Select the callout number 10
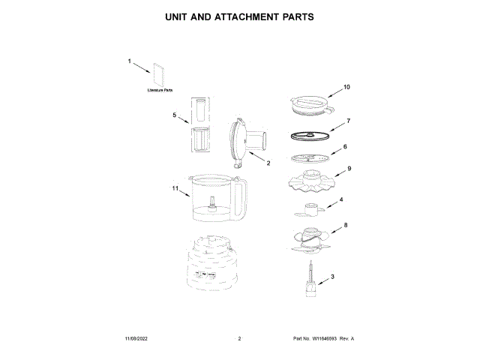(x=347, y=87)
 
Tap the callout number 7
(x=348, y=121)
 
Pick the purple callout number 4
(x=340, y=199)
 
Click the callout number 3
(x=332, y=277)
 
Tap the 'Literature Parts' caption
(x=160, y=90)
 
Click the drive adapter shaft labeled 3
(x=309, y=279)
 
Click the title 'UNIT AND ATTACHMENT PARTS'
(x=239, y=16)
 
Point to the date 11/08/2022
(x=137, y=339)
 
